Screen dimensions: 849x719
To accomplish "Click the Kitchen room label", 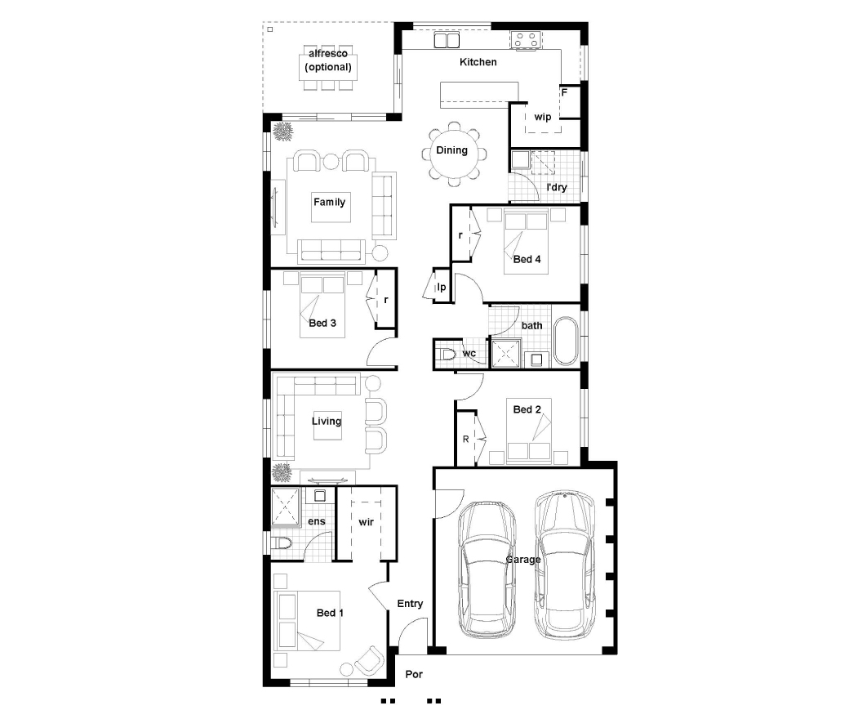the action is tap(478, 62).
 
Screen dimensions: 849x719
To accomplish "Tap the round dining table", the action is tap(452, 154).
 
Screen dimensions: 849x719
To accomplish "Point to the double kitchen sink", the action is tap(447, 40).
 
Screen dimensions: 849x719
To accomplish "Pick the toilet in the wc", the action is tap(447, 355).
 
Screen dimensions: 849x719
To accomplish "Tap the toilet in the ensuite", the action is tap(282, 543).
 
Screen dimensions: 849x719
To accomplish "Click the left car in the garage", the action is tap(487, 569).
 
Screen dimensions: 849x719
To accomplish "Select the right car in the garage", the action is tap(563, 565).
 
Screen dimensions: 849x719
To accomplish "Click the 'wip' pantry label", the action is tap(543, 117).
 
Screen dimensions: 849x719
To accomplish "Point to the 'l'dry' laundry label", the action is tap(557, 187).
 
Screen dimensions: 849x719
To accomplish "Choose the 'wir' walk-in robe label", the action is tap(366, 522).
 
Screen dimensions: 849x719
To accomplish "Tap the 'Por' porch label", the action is tap(414, 674).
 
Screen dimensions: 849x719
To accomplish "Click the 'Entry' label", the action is tap(410, 604).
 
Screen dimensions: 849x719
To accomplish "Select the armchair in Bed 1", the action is tap(369, 661).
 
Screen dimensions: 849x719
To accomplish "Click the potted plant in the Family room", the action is tap(282, 131).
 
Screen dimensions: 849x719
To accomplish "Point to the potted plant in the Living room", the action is tap(282, 473).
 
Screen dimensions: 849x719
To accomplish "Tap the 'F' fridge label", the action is tap(564, 92).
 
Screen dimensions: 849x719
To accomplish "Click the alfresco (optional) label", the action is tap(328, 60).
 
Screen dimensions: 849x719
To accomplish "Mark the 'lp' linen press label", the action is tap(442, 287).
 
